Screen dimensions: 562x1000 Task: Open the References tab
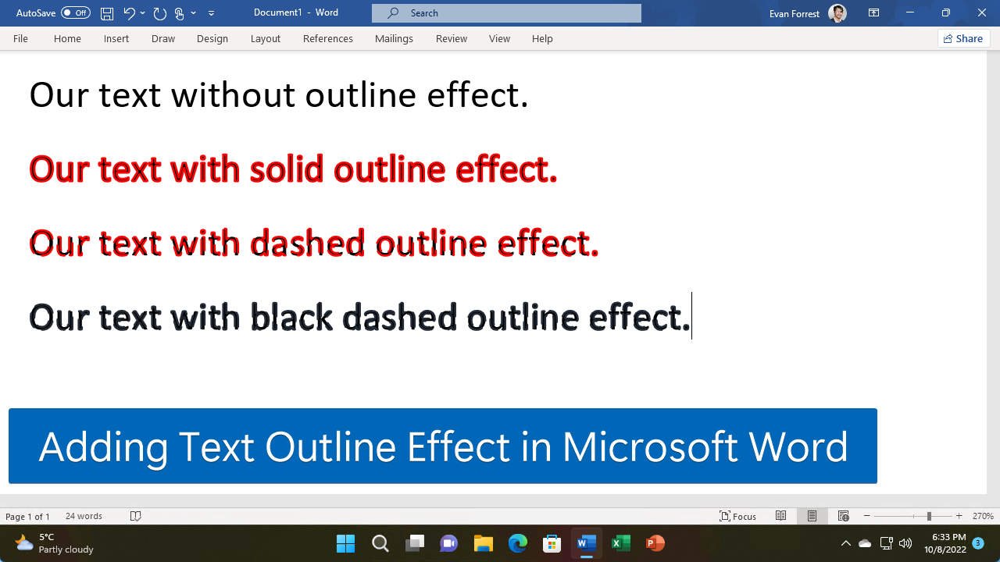click(x=327, y=38)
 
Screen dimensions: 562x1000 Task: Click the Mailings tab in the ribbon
click(x=394, y=38)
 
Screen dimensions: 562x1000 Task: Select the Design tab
click(x=212, y=38)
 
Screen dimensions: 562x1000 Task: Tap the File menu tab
click(x=20, y=38)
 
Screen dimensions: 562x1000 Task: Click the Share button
click(x=963, y=38)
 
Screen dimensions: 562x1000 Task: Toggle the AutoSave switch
click(x=75, y=12)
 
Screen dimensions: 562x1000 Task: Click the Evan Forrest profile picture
click(x=837, y=12)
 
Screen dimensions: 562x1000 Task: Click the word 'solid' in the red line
click(x=287, y=169)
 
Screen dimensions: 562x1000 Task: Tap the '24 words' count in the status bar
click(x=84, y=516)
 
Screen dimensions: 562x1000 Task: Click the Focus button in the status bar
click(x=737, y=516)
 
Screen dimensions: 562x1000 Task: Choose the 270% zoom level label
click(x=983, y=516)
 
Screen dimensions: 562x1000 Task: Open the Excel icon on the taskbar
click(x=621, y=543)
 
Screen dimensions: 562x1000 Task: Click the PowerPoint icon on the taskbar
click(x=655, y=543)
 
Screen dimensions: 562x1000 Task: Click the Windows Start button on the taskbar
click(x=345, y=543)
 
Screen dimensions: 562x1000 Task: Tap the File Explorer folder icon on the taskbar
click(x=483, y=543)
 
